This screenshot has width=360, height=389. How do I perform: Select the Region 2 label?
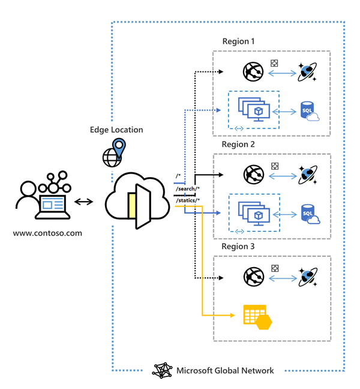coord(238,144)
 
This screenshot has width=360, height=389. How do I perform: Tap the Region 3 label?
coord(238,247)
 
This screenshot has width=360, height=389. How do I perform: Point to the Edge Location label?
coord(116,130)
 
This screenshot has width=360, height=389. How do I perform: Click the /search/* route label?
coord(188,189)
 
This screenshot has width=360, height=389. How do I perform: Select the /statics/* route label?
coord(188,200)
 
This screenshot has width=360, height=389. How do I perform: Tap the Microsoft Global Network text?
coord(225,370)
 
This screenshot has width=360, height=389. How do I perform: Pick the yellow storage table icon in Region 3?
coord(257,316)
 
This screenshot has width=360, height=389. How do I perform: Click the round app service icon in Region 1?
coord(253,72)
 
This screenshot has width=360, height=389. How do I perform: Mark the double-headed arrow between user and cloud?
coord(85,202)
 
